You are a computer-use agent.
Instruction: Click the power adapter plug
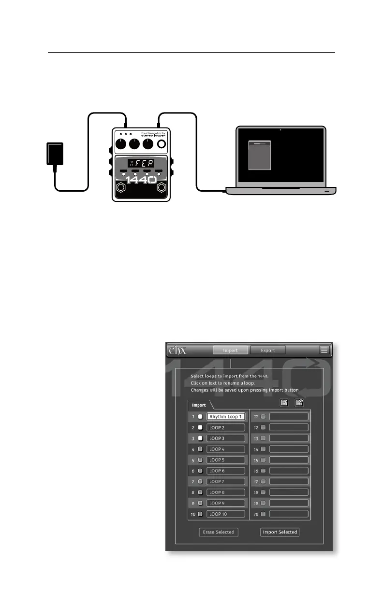55,153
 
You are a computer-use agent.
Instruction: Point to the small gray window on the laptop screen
260,155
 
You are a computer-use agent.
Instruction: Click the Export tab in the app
268,350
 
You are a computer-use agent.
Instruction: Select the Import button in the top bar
230,350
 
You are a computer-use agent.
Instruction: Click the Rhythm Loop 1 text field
226,416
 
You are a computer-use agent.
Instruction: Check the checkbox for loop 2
200,427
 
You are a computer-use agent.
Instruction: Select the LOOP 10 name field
226,514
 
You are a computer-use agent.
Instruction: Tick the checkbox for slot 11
264,416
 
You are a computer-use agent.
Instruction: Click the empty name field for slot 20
289,514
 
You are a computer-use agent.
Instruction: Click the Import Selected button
280,532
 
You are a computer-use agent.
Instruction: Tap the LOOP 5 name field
226,460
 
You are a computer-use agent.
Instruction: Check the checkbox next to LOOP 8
200,492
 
